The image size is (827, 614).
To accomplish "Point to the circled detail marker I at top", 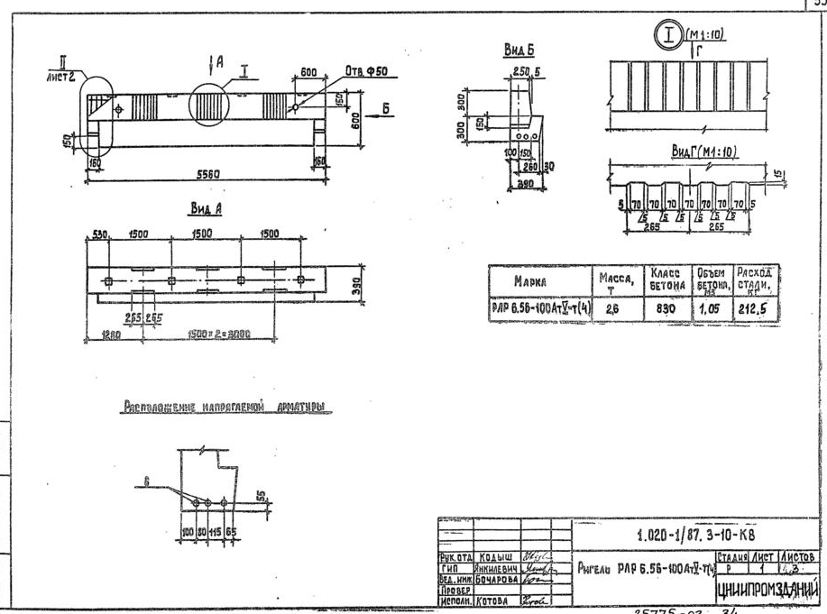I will coord(668,37).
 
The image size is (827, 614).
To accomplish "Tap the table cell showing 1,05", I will coord(709,308).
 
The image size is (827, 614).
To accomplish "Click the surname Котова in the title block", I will coord(492,600).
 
